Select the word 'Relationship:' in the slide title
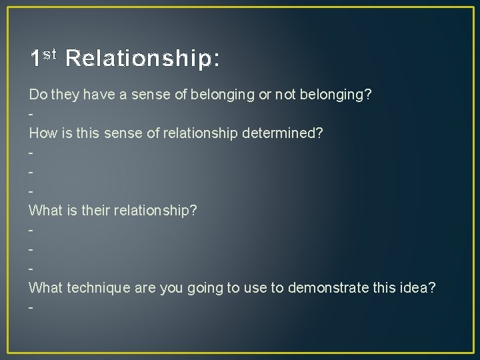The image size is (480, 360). (x=143, y=59)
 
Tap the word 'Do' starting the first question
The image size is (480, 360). (x=37, y=95)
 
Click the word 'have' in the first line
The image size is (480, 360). (x=96, y=95)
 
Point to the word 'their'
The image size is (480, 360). (x=97, y=211)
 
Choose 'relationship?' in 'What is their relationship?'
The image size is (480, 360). (x=156, y=211)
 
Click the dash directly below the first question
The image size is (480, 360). (x=31, y=115)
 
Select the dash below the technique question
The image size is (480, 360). (x=31, y=307)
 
